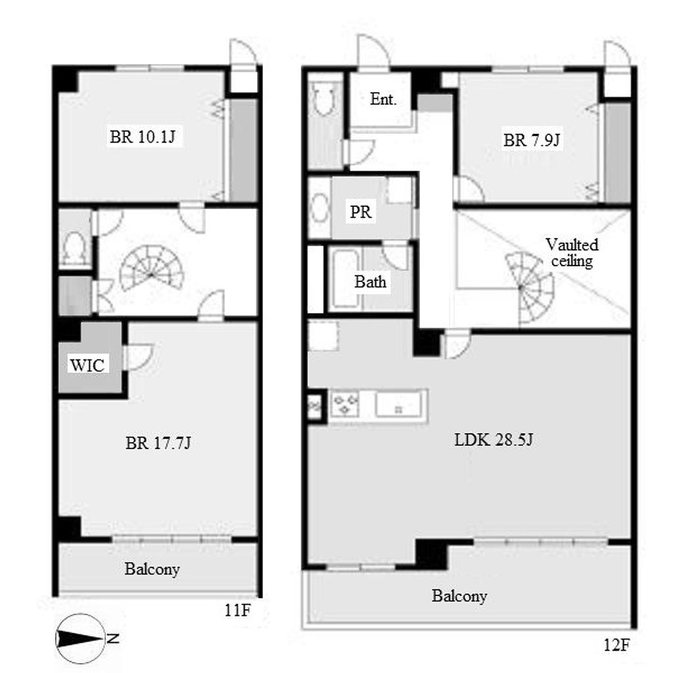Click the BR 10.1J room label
click(x=143, y=137)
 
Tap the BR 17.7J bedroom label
click(x=158, y=442)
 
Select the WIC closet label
click(x=87, y=365)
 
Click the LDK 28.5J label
click(x=494, y=440)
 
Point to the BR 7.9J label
click(x=531, y=140)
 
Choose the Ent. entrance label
click(x=383, y=99)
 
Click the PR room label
click(x=361, y=212)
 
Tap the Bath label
click(x=370, y=281)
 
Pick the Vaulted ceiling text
click(x=572, y=253)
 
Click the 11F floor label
click(x=237, y=610)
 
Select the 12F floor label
click(x=616, y=645)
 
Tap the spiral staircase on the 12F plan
click(x=530, y=288)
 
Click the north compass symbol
click(x=80, y=639)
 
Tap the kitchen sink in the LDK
click(x=399, y=404)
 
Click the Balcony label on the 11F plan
click(x=152, y=569)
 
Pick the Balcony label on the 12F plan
click(x=459, y=595)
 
